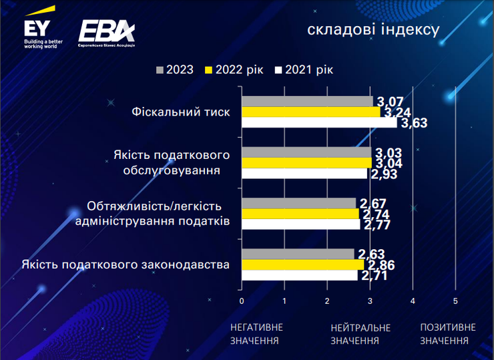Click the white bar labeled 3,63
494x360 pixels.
pyautogui.click(x=318, y=123)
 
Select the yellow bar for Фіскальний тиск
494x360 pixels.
pyautogui.click(x=310, y=112)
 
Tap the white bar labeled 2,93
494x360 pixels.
pyautogui.click(x=304, y=174)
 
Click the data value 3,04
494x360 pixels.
pyautogui.click(x=388, y=162)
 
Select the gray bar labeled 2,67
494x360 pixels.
pyautogui.click(x=298, y=203)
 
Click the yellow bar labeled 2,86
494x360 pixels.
pyautogui.click(x=302, y=264)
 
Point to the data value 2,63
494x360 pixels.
pyautogui.click(x=371, y=253)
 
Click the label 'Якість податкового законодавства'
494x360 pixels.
pyautogui.click(x=126, y=264)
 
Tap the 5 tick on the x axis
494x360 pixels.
pyautogui.click(x=455, y=301)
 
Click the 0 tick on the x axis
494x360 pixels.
pyautogui.click(x=242, y=301)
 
